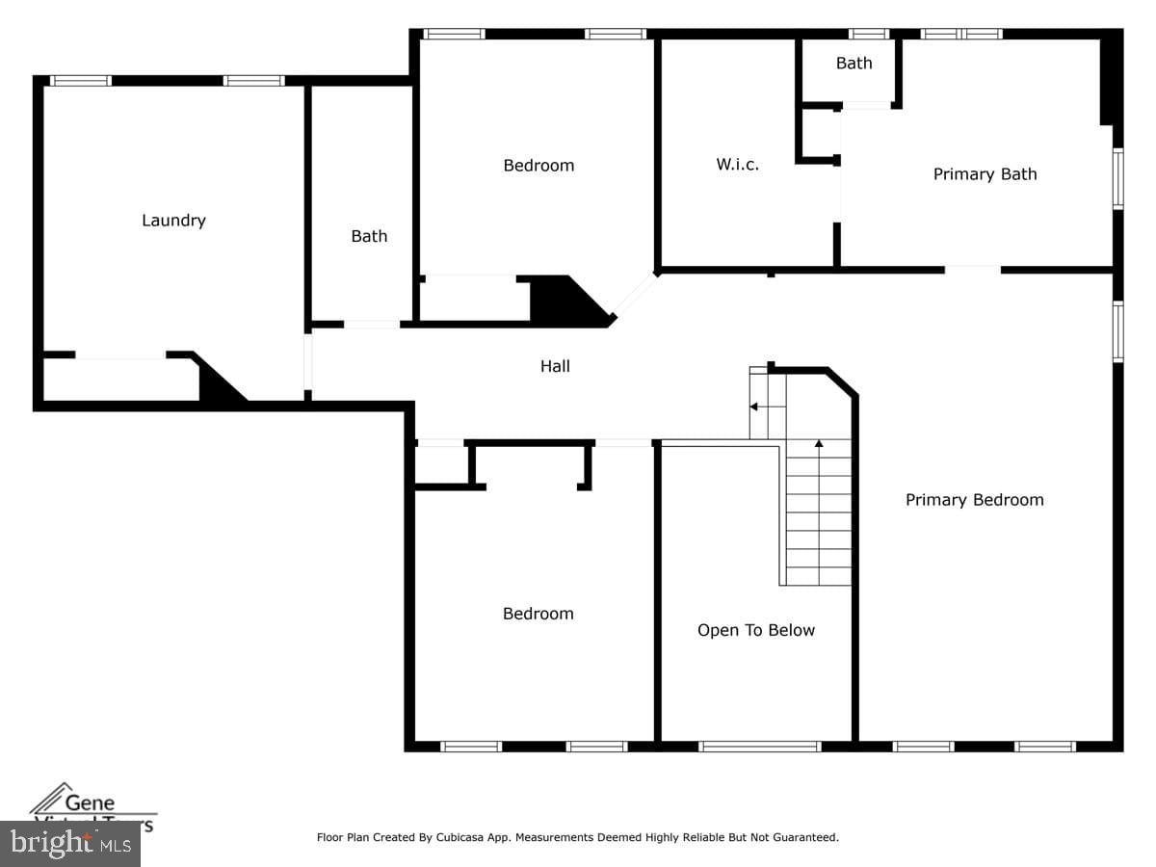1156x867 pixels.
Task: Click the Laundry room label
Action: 173,221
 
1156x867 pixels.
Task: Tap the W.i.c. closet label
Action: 737,165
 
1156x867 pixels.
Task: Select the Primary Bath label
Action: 985,174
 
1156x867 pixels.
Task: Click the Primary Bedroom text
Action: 974,500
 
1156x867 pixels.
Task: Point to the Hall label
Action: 555,366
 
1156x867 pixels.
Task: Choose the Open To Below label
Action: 755,630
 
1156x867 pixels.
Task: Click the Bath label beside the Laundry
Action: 369,236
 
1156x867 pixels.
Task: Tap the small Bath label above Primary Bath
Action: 854,64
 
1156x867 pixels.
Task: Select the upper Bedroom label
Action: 539,166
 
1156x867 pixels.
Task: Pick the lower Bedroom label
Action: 538,614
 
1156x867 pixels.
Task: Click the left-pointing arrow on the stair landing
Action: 755,407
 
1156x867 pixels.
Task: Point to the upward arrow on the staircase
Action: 819,445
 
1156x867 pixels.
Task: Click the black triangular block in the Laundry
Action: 217,385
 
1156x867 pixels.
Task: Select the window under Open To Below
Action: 759,746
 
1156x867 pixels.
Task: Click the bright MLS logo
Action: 69,844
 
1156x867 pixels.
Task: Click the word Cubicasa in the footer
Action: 467,838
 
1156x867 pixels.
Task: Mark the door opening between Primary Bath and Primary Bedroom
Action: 972,270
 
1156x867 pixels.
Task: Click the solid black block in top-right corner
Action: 1111,77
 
